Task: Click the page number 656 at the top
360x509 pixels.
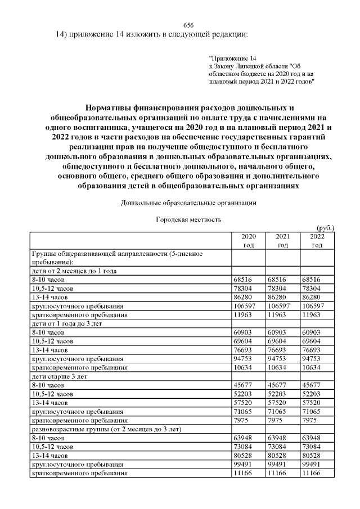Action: (189, 26)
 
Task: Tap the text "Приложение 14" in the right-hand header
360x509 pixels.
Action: (232, 58)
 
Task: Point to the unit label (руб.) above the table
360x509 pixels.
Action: (326, 228)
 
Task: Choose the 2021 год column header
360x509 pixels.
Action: (283, 241)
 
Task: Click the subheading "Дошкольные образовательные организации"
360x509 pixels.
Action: (188, 202)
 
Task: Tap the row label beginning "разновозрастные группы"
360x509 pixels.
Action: (106, 429)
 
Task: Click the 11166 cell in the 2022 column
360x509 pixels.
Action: (311, 474)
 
